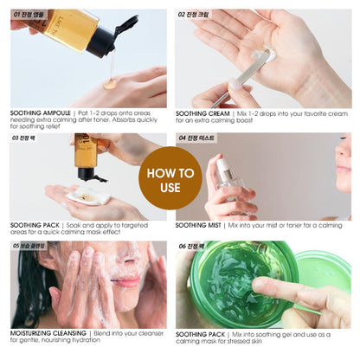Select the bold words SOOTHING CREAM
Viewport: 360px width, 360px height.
coord(201,113)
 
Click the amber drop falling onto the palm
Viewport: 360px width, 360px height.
coord(110,83)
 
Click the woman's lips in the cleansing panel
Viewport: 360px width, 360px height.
coord(125,283)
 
